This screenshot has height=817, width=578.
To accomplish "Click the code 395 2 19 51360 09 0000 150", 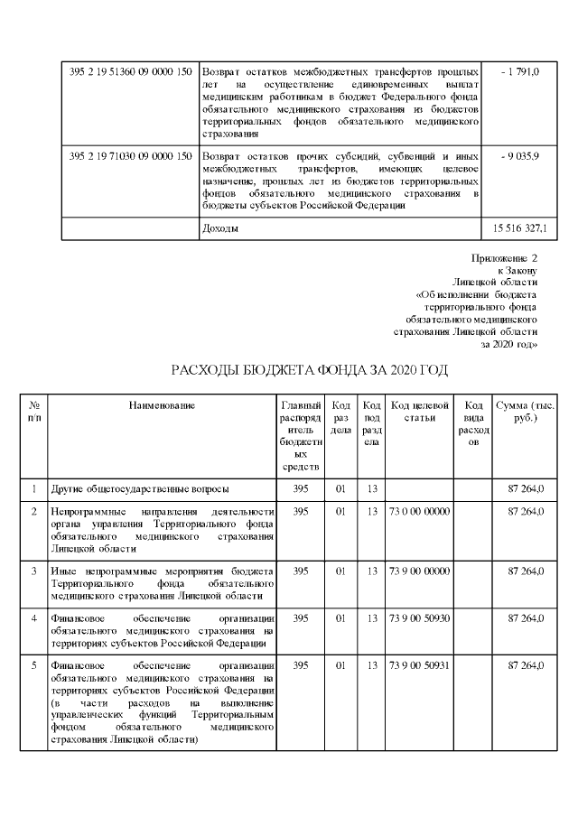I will click(130, 70).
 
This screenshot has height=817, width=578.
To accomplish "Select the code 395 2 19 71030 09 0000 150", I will click(130, 156).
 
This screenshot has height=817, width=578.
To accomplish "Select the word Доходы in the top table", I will click(220, 228).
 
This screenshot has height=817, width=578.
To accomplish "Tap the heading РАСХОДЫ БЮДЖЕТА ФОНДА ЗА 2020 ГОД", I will click(309, 371).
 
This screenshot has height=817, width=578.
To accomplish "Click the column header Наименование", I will click(162, 405).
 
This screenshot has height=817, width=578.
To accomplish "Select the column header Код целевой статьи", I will click(419, 411).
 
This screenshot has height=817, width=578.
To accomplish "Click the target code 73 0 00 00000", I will click(419, 512).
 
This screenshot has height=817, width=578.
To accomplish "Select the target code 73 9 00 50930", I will click(419, 617).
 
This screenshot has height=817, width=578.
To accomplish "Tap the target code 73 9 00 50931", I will click(419, 665).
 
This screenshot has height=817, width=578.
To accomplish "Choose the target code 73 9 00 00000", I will click(419, 571).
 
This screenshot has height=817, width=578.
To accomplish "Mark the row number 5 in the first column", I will click(33, 665).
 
